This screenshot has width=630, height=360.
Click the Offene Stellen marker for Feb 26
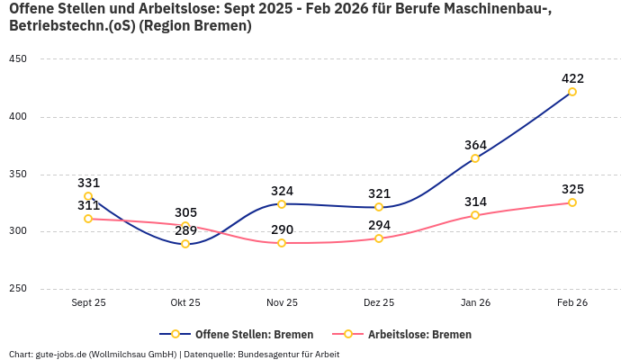(572, 92)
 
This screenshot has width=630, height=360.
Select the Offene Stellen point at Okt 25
(185, 244)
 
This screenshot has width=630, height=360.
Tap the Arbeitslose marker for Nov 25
(282, 243)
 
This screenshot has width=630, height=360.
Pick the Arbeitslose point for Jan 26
(475, 215)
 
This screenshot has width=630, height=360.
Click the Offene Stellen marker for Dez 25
(379, 207)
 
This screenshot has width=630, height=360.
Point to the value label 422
(572, 78)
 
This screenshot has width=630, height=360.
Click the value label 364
(475, 145)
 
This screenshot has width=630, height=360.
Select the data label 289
(185, 229)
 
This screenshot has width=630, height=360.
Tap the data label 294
(379, 225)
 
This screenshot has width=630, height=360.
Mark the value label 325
(572, 189)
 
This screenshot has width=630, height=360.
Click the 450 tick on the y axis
(18, 59)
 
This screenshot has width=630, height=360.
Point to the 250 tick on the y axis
(18, 289)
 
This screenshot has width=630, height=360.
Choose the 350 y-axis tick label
(18, 175)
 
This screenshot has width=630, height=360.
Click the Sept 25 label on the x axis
(88, 302)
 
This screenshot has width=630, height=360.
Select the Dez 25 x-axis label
(379, 302)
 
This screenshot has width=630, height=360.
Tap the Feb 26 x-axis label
(572, 302)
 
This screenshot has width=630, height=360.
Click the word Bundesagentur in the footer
(268, 355)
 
